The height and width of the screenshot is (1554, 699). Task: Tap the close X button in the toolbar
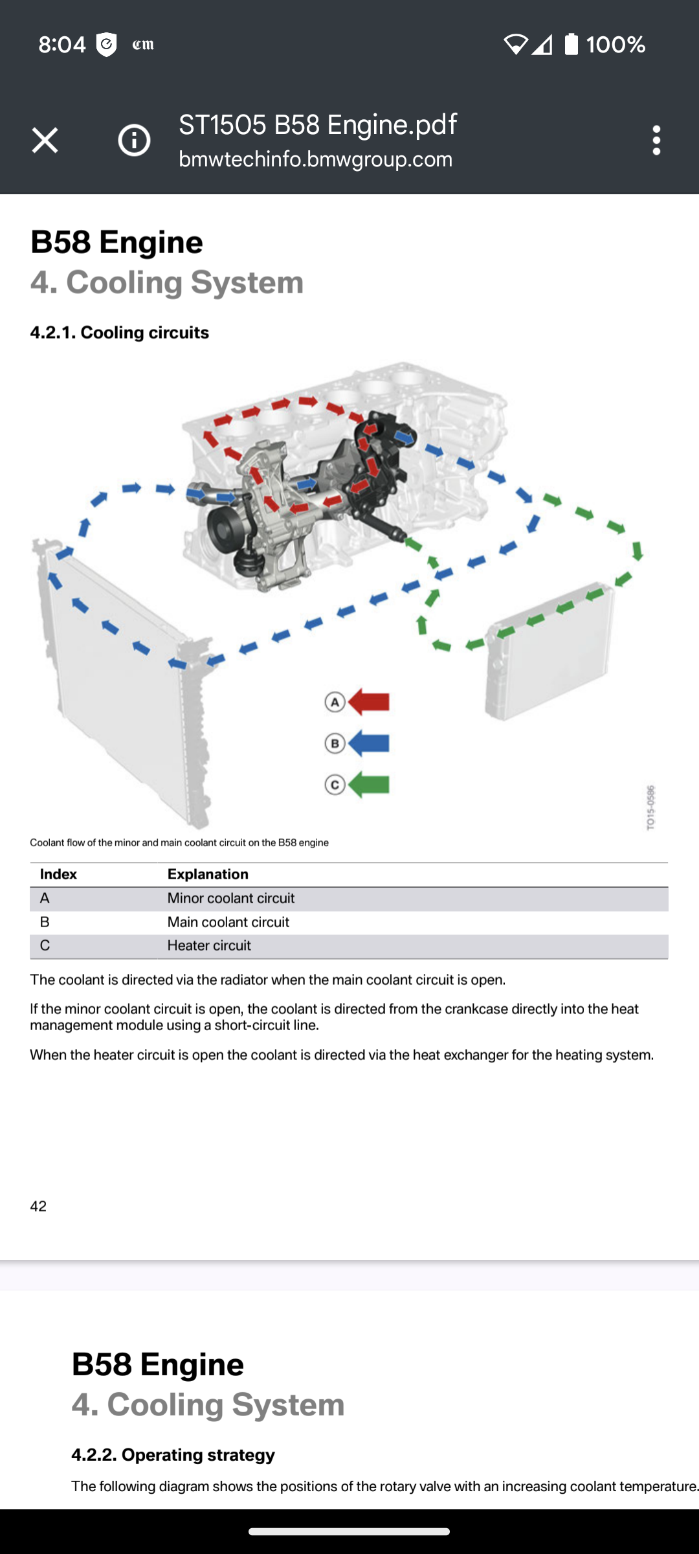pyautogui.click(x=45, y=140)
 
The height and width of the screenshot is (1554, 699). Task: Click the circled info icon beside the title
pyautogui.click(x=134, y=140)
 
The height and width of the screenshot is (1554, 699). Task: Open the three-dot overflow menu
pyautogui.click(x=656, y=140)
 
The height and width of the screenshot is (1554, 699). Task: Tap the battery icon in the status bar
pyautogui.click(x=571, y=44)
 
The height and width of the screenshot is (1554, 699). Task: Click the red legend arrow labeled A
pyautogui.click(x=369, y=702)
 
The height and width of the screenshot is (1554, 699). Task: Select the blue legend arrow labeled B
pyautogui.click(x=369, y=743)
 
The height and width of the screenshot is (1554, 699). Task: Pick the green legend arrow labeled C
pyautogui.click(x=369, y=785)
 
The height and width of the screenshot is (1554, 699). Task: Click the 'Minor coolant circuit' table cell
pyautogui.click(x=231, y=898)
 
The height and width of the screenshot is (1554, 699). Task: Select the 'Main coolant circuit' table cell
pyautogui.click(x=228, y=922)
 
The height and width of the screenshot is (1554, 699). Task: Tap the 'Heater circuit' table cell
pyautogui.click(x=209, y=945)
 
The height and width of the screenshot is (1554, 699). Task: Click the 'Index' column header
pyautogui.click(x=58, y=874)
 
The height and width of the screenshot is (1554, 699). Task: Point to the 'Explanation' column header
pyautogui.click(x=208, y=874)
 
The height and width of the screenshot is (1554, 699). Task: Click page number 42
pyautogui.click(x=38, y=1206)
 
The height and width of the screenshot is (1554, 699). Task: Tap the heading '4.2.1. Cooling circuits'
pyautogui.click(x=120, y=332)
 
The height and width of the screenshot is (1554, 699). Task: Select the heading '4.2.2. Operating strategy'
pyautogui.click(x=173, y=1454)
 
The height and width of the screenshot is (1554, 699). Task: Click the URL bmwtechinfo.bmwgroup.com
pyautogui.click(x=315, y=159)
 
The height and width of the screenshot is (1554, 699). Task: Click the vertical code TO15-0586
pyautogui.click(x=651, y=807)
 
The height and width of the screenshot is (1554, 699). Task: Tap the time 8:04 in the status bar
pyautogui.click(x=61, y=44)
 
